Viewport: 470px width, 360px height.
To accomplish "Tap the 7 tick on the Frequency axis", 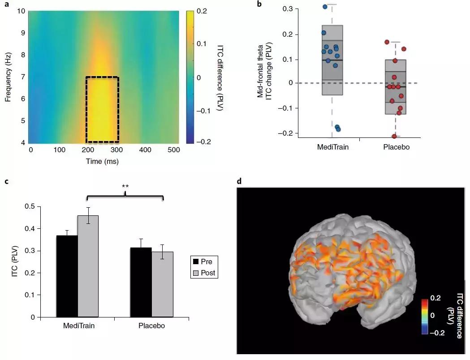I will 21,77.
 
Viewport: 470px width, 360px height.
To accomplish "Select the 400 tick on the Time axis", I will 145,150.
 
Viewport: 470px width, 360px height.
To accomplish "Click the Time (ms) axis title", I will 102,161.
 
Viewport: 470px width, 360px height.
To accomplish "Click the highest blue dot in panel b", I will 325,7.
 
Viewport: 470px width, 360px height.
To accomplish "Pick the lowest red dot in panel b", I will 394,136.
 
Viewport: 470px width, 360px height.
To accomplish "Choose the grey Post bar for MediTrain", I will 88,266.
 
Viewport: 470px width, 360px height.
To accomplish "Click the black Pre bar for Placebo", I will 141,282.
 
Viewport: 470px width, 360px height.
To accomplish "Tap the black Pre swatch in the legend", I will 195,261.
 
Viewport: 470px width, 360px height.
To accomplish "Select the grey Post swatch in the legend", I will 195,272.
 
